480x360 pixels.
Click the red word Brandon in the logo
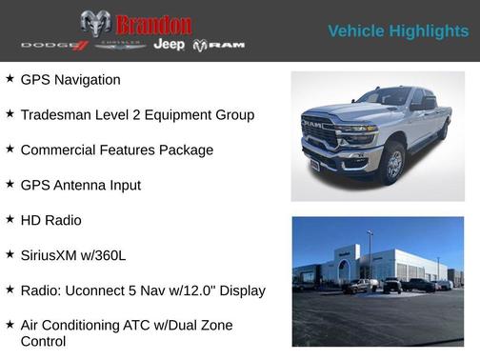pyautogui.click(x=152, y=24)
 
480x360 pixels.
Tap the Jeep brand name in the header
pyautogui.click(x=169, y=45)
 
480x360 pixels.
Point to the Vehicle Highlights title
pyautogui.click(x=398, y=31)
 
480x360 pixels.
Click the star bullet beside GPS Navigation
pyautogui.click(x=10, y=79)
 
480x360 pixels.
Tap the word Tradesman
pyautogui.click(x=59, y=114)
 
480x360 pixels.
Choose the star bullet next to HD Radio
pyautogui.click(x=10, y=219)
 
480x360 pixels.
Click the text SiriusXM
pyautogui.click(x=51, y=254)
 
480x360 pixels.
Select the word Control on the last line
pyautogui.click(x=43, y=341)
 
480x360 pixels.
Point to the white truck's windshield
pyautogui.click(x=384, y=96)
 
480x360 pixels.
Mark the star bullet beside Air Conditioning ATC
pyautogui.click(x=10, y=324)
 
